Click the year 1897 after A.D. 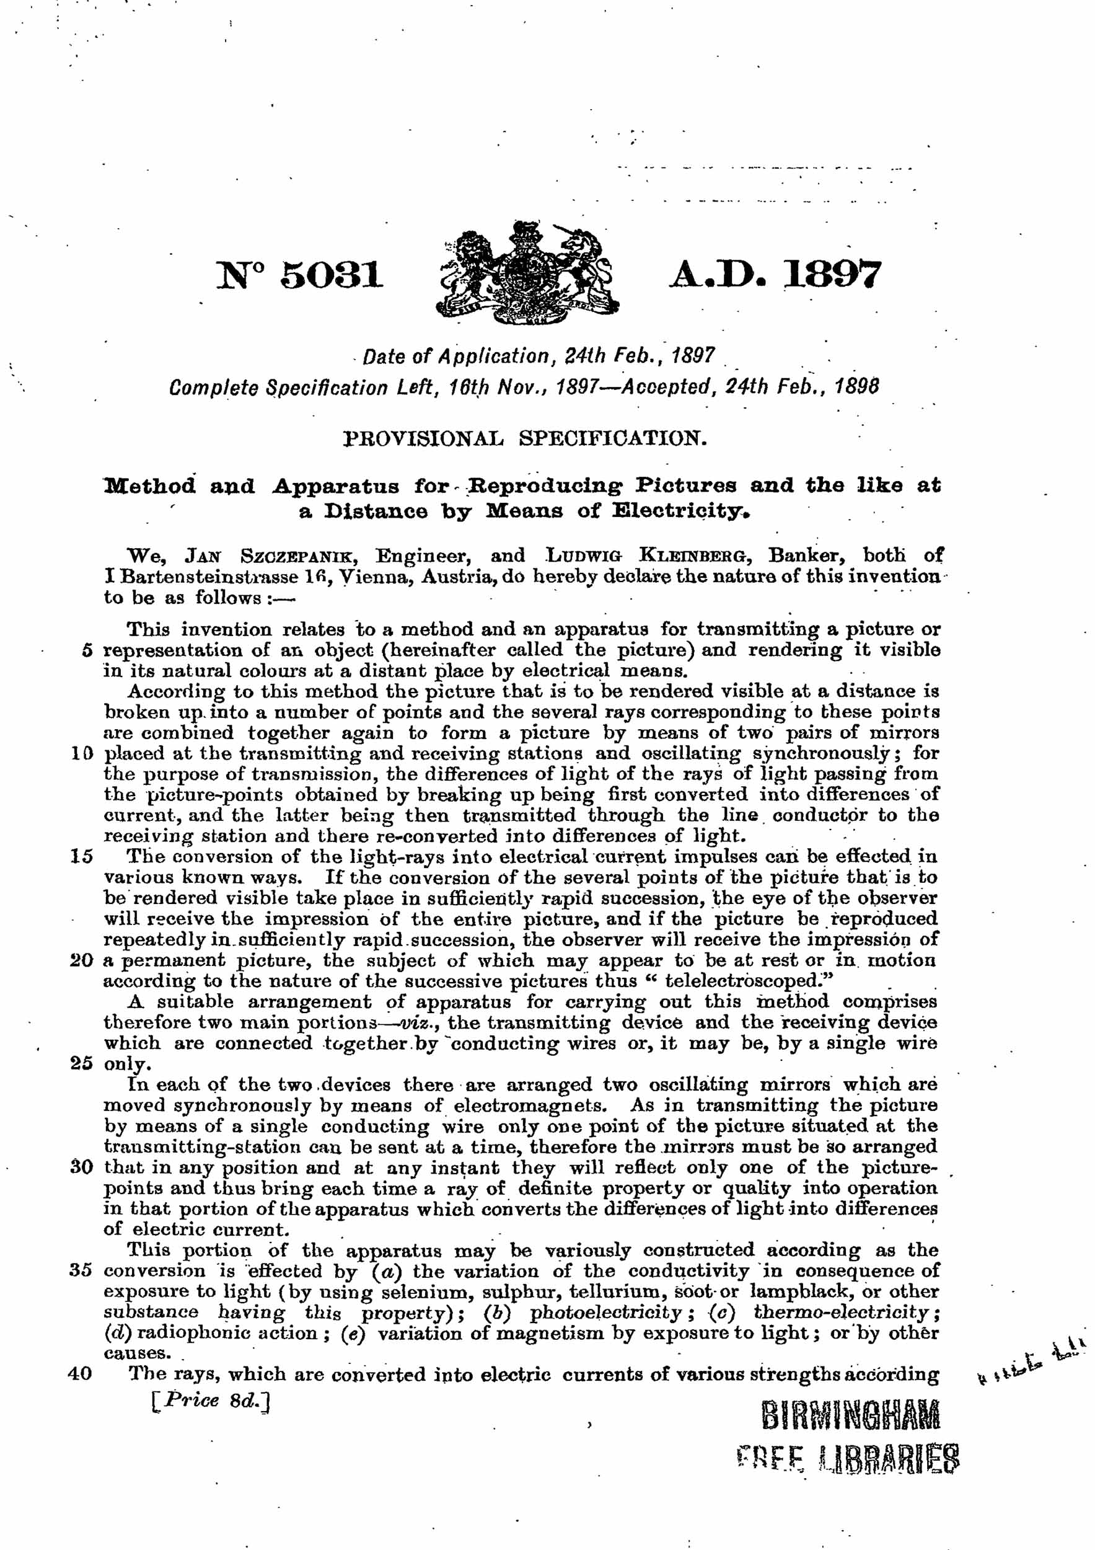832,275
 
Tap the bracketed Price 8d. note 211,1399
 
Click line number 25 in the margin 81,1063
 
